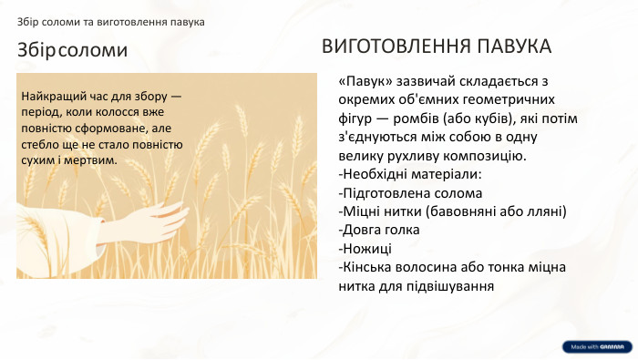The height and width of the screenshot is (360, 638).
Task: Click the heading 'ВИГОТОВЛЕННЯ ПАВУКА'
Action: (x=437, y=46)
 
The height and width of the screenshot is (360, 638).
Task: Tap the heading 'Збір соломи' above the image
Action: (x=71, y=50)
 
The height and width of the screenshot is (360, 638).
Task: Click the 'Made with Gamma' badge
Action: (x=596, y=346)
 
